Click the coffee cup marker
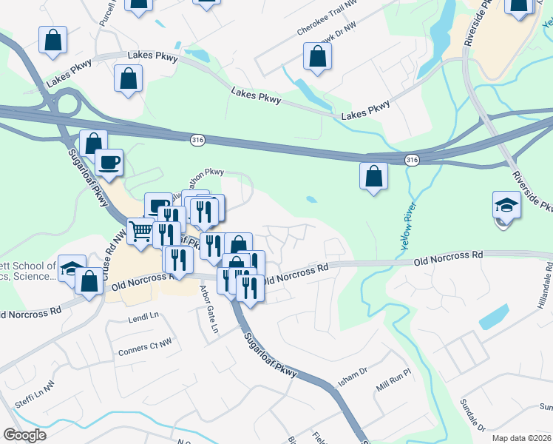pos(109,163)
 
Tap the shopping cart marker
pos(140,231)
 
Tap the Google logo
pos(24,435)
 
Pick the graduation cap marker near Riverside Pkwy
pos(506,205)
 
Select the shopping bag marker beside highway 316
pos(374,176)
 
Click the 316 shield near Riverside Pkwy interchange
pos(413,160)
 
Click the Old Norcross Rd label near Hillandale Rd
pos(448,258)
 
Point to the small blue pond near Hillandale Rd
pos(493,316)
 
